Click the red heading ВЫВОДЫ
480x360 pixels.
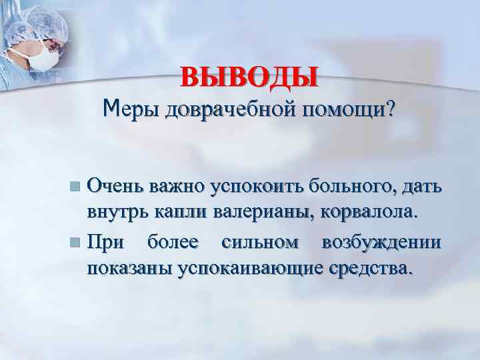point(249,76)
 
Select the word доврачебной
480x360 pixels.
point(224,108)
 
